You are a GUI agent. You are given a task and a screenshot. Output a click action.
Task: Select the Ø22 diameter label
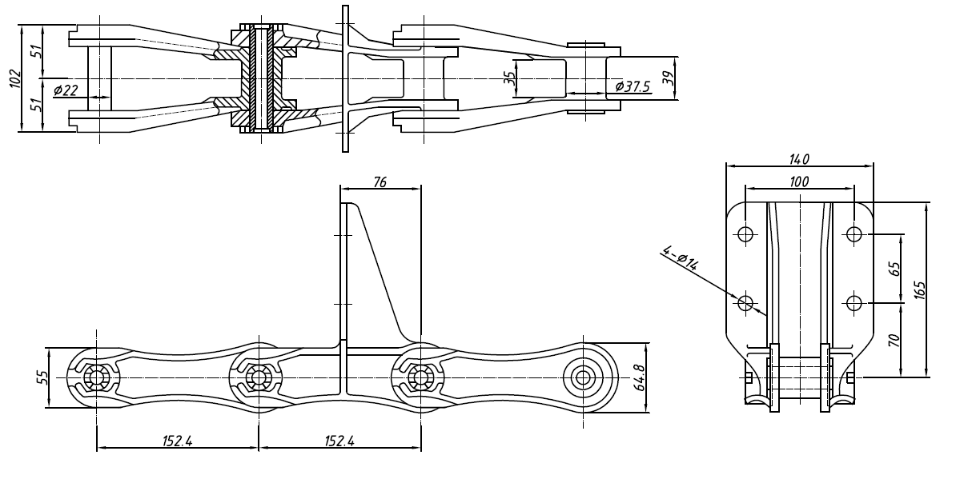pyautogui.click(x=66, y=90)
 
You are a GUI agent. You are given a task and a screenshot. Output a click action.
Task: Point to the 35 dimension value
pyautogui.click(x=510, y=79)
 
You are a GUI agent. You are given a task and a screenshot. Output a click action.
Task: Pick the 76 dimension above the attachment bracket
pyautogui.click(x=380, y=182)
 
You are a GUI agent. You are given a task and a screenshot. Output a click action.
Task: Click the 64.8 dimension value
pyautogui.click(x=637, y=377)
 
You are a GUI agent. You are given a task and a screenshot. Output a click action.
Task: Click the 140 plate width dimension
pyautogui.click(x=799, y=159)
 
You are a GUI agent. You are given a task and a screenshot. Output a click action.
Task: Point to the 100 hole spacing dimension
pyautogui.click(x=798, y=182)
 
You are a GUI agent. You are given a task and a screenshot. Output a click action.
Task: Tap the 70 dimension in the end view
pyautogui.click(x=895, y=339)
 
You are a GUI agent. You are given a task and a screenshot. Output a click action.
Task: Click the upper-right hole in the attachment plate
pyautogui.click(x=854, y=234)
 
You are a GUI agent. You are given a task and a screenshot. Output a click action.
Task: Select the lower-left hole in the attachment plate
pyautogui.click(x=745, y=302)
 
